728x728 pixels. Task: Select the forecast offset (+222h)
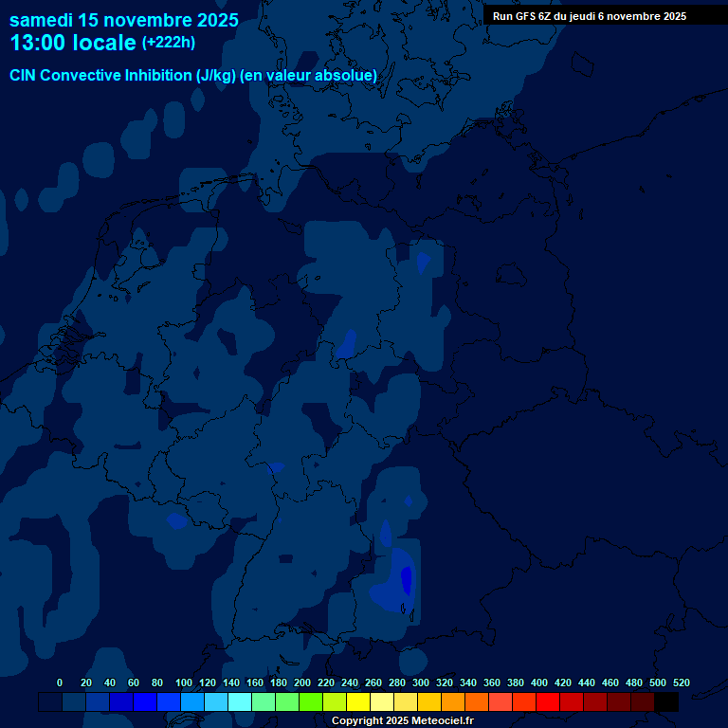[169, 43]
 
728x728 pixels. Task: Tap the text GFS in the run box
[525, 16]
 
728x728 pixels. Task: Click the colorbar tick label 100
[183, 682]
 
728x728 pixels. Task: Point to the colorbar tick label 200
[301, 682]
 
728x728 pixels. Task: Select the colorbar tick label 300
[420, 682]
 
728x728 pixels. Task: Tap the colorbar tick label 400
[538, 682]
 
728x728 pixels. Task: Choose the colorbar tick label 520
[681, 682]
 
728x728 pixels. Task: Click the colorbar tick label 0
[60, 682]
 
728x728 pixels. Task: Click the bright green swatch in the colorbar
[311, 701]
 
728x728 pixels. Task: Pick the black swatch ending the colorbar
[666, 701]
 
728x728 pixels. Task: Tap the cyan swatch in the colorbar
[240, 701]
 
